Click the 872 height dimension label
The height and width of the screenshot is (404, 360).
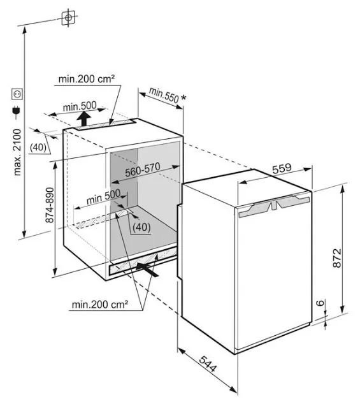(337, 258)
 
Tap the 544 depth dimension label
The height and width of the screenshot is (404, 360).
(208, 364)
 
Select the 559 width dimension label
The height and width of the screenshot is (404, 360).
(282, 168)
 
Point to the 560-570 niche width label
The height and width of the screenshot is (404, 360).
(143, 170)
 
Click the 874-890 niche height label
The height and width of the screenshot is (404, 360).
(50, 205)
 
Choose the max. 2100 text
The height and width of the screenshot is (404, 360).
(17, 152)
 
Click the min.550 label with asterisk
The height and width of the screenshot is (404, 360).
(168, 96)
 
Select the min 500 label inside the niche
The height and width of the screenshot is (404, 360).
(104, 197)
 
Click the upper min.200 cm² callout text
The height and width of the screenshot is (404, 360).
(86, 79)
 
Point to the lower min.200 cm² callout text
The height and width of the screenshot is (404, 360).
(100, 305)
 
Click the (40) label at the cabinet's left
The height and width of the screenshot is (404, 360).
(38, 147)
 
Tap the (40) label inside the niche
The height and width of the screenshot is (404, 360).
(141, 227)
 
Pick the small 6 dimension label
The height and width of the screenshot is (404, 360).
(320, 303)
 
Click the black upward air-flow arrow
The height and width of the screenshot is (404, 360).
(84, 119)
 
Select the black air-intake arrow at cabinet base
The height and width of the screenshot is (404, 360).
(147, 270)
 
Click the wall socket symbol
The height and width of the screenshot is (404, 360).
(17, 94)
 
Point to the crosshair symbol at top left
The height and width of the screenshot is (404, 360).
(68, 17)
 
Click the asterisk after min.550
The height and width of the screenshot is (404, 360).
(184, 97)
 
